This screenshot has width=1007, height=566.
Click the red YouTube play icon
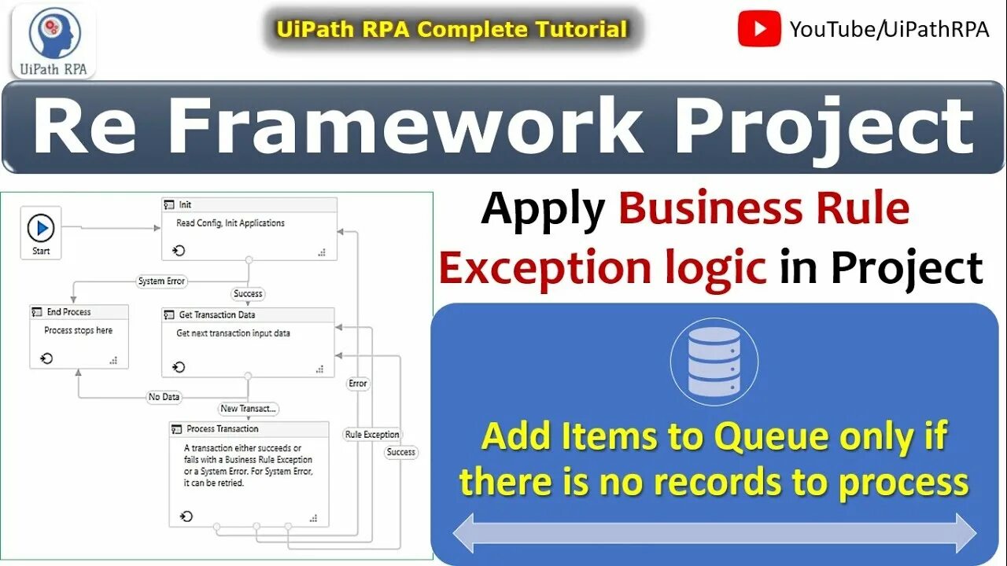click(759, 30)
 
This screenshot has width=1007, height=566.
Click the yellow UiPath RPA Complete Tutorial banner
click(452, 30)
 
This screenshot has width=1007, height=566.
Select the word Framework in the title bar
click(406, 127)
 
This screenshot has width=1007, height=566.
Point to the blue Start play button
click(41, 229)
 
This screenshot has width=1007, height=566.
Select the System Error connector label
click(162, 281)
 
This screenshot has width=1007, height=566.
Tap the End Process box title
click(68, 312)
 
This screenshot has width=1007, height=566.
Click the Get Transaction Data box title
click(216, 314)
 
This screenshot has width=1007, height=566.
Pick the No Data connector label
click(164, 397)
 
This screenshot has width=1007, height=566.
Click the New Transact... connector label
click(249, 408)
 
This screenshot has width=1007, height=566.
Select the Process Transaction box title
click(222, 429)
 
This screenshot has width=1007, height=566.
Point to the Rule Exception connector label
click(372, 435)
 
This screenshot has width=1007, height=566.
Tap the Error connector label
click(358, 384)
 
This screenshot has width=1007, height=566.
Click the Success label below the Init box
click(248, 293)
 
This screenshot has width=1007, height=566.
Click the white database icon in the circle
click(714, 361)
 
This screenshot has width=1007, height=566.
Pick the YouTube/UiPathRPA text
click(878, 30)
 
